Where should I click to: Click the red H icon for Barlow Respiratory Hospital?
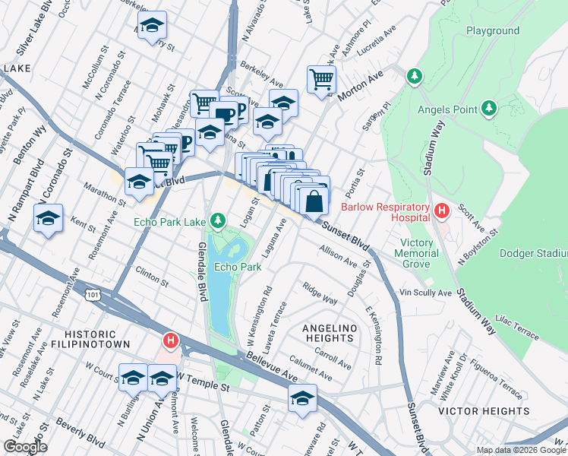[440, 210]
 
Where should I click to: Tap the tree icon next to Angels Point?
[490, 109]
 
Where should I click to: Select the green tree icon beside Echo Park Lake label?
[218, 221]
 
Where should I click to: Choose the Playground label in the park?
[492, 31]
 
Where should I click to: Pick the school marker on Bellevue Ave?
[302, 397]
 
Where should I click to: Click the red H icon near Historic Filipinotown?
[172, 341]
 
